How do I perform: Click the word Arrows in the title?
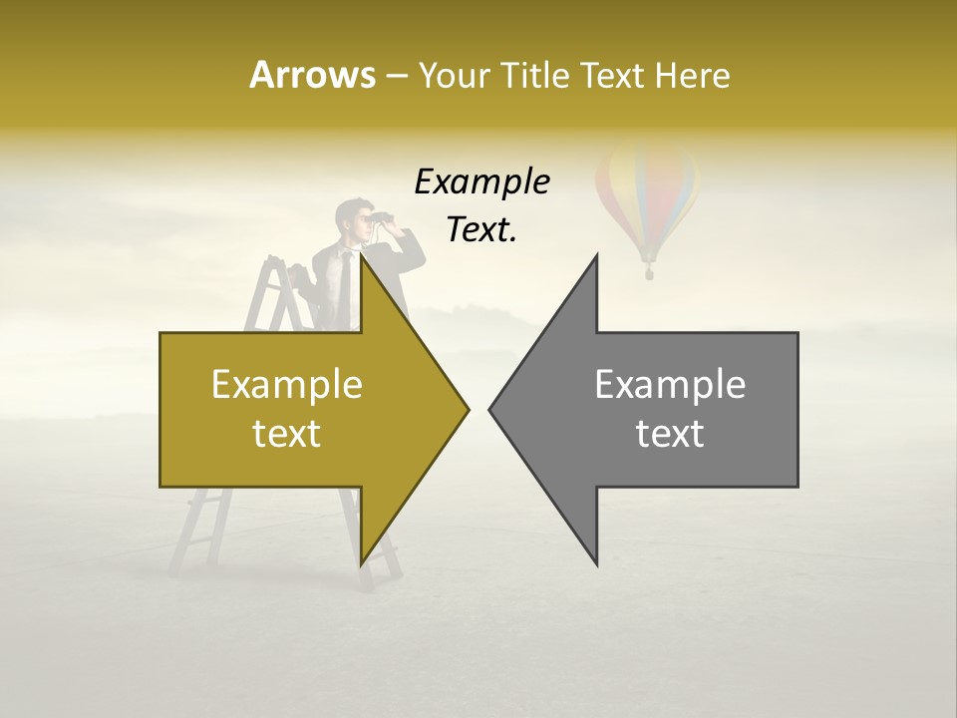(x=312, y=75)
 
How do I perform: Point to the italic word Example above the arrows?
(x=481, y=182)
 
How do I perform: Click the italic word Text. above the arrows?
(x=481, y=230)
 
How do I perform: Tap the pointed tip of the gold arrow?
(x=466, y=408)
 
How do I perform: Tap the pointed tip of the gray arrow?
(x=492, y=408)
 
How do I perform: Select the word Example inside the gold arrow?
(x=286, y=385)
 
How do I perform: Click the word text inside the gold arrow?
(x=286, y=434)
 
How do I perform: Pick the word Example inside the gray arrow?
(x=670, y=385)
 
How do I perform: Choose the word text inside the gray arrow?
(x=670, y=434)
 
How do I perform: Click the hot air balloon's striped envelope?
(x=646, y=194)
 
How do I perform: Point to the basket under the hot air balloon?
(x=649, y=270)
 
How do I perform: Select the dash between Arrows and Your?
(x=396, y=76)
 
